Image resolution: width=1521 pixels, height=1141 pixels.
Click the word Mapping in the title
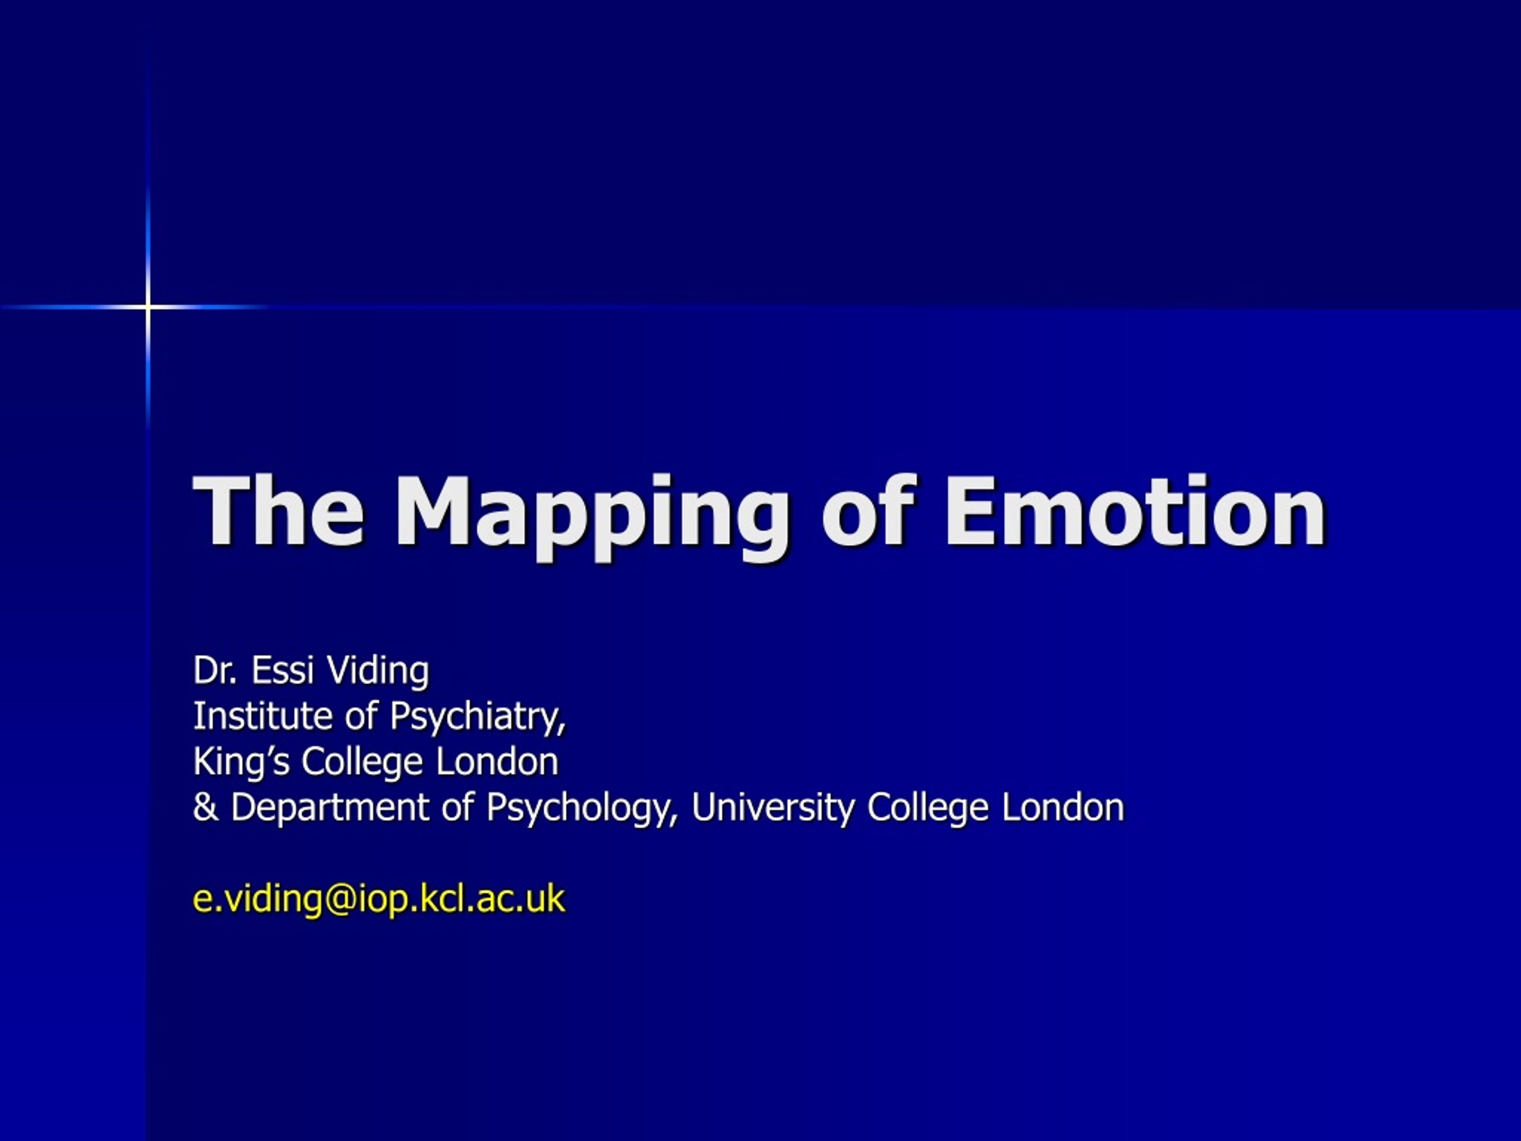(x=591, y=516)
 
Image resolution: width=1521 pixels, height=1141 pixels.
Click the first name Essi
(x=282, y=670)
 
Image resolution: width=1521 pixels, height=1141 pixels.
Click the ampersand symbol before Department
(x=205, y=808)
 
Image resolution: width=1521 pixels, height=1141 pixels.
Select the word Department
(x=330, y=809)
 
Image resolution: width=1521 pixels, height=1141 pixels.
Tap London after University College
(x=1063, y=808)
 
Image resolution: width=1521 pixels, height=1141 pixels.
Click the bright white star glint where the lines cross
(x=148, y=306)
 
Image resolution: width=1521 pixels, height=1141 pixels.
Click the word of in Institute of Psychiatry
(x=361, y=716)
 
